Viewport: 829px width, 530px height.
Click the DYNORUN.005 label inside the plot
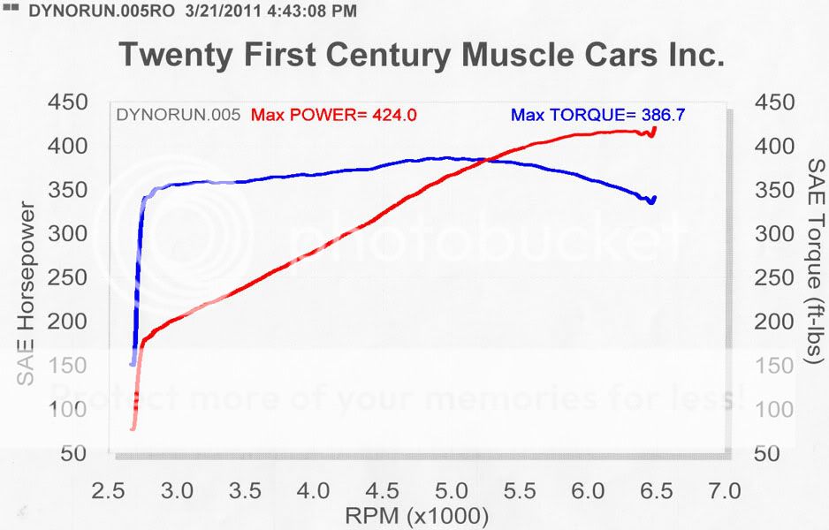coord(178,115)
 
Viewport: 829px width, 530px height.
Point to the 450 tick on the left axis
coord(67,103)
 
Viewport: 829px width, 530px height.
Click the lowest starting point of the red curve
coord(133,428)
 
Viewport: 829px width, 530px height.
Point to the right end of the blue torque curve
coord(654,197)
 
